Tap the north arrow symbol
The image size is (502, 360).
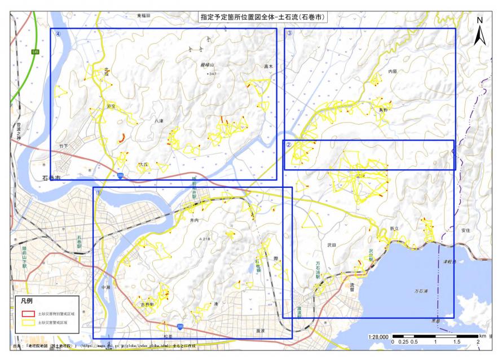[x=479, y=32]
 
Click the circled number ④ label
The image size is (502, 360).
[x=58, y=33]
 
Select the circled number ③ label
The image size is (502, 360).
[x=289, y=33]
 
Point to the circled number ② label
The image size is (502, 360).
[x=288, y=145]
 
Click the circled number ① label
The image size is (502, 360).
[x=99, y=192]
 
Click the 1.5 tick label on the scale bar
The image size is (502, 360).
[x=457, y=343]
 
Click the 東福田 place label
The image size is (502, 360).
[x=144, y=16]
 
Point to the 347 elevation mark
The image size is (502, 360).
[x=212, y=74]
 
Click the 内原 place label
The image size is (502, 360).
[x=393, y=72]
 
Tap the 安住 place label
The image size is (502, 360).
[x=465, y=230]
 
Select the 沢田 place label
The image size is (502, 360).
[x=331, y=246]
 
